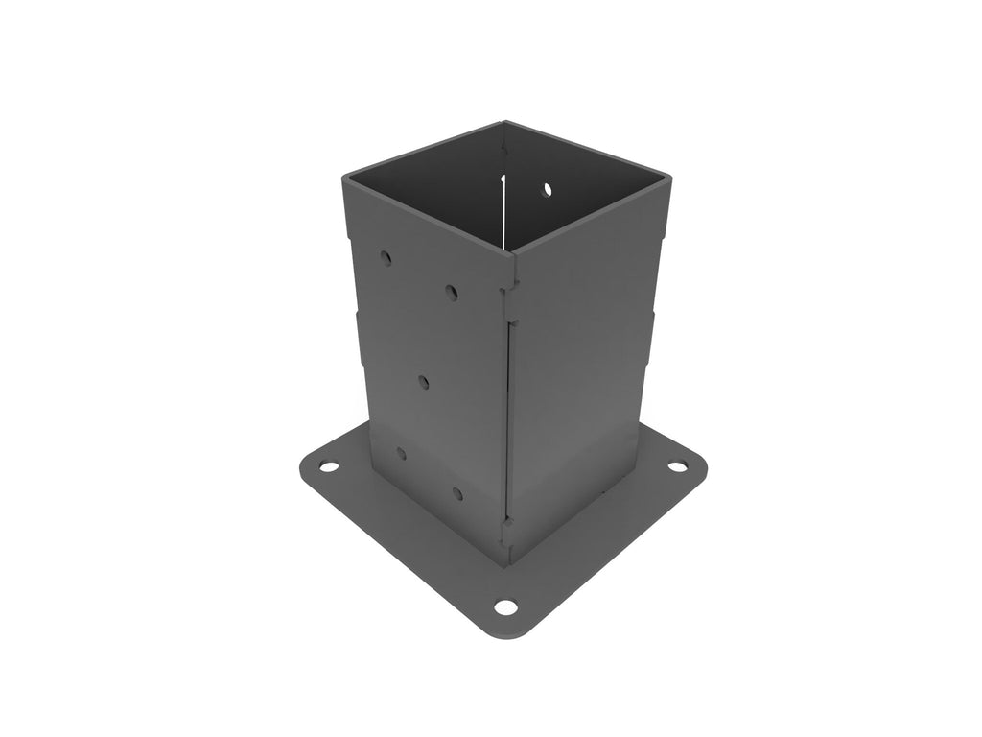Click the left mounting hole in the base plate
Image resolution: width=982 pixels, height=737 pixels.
click(328, 467)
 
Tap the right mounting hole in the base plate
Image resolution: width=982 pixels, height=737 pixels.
click(677, 466)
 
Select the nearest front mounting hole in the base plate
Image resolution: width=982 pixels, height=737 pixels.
click(504, 607)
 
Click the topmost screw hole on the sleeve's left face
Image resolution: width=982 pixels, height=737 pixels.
click(386, 258)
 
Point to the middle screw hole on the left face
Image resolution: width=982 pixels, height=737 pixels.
click(424, 382)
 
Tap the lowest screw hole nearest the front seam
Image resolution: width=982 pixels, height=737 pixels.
click(457, 494)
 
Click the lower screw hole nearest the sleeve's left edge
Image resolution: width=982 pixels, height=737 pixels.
click(401, 453)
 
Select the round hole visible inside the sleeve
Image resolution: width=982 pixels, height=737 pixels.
click(547, 190)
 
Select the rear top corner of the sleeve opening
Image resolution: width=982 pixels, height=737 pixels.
click(503, 123)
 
